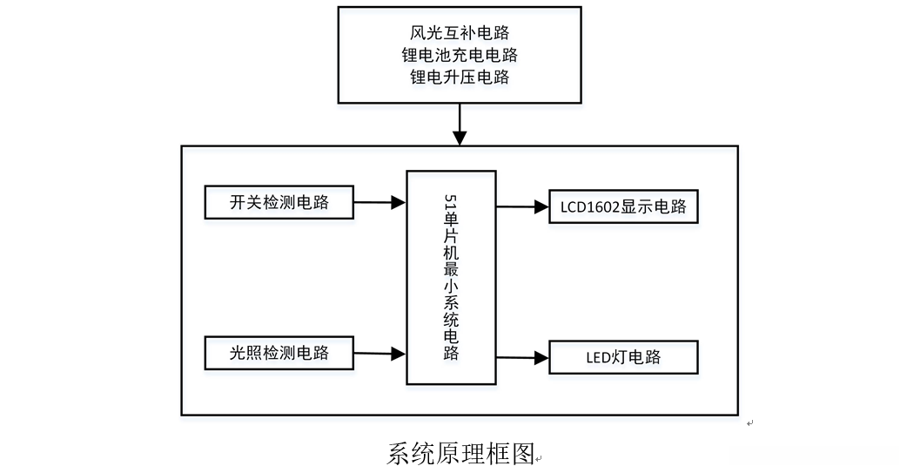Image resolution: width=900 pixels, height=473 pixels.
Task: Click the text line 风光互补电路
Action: coord(460,33)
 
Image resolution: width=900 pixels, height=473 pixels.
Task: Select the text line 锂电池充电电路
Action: coord(460,55)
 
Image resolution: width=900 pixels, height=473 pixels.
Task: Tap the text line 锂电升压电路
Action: coord(460,78)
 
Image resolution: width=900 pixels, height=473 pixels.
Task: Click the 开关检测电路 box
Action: coord(279,202)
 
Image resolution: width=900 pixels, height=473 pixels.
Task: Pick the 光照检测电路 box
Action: coord(279,353)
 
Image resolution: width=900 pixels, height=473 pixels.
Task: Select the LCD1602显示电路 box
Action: coord(623,207)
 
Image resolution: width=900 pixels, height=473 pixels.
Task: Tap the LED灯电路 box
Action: coord(623,357)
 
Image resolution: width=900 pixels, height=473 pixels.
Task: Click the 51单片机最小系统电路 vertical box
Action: coord(451,277)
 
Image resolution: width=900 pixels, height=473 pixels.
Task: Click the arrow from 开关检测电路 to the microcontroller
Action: coord(380,203)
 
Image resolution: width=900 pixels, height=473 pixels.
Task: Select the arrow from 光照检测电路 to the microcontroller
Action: coord(380,354)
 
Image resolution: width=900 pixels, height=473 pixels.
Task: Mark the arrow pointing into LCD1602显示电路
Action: coord(522,207)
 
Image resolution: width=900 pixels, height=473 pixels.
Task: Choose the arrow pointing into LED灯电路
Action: coord(522,357)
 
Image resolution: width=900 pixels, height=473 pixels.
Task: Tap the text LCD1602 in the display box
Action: coord(589,207)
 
